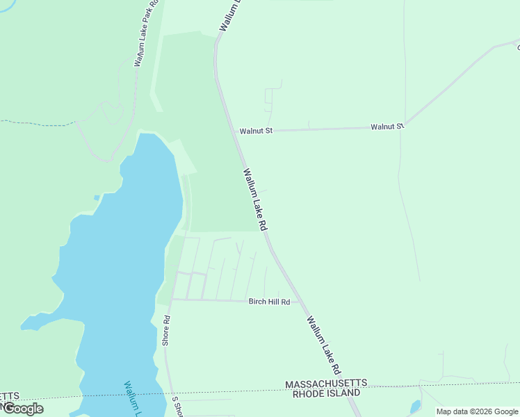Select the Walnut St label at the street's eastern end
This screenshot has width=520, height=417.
click(387, 126)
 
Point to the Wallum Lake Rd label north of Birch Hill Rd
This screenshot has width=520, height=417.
click(255, 199)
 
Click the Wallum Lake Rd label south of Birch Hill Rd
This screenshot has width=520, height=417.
click(325, 346)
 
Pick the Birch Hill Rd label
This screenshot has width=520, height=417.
click(269, 302)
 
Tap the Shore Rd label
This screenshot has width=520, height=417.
click(166, 331)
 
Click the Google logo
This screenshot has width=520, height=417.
click(23, 409)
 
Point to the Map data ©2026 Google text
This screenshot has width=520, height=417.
click(478, 411)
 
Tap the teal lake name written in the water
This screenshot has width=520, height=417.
click(132, 398)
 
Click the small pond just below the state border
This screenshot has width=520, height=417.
click(416, 406)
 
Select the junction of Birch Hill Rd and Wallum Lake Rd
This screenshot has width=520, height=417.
click(299, 302)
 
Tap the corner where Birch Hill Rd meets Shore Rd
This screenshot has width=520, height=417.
click(172, 300)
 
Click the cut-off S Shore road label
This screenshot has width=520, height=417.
click(177, 406)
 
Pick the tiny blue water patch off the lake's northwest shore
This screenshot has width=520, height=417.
click(97, 197)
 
